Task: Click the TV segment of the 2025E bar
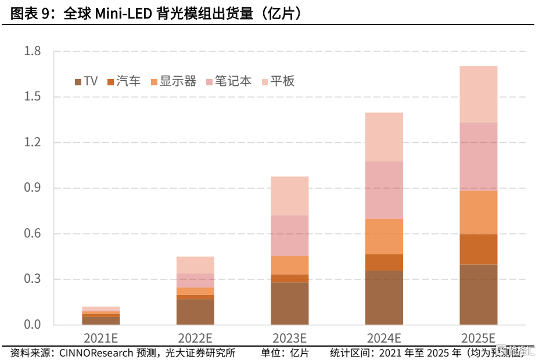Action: click(x=478, y=294)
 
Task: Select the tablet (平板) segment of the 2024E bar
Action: click(x=384, y=137)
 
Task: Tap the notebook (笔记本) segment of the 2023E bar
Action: click(x=289, y=236)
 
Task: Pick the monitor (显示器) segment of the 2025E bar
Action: click(x=478, y=213)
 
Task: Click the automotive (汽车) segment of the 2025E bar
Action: click(x=478, y=249)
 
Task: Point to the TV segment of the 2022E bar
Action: click(x=195, y=312)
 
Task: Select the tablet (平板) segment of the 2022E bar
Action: click(x=195, y=265)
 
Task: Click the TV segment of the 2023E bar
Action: click(x=289, y=303)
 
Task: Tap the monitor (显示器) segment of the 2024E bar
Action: click(x=384, y=236)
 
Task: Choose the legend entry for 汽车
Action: click(x=123, y=81)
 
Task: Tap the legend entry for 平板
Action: click(x=278, y=81)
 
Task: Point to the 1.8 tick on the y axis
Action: click(x=33, y=52)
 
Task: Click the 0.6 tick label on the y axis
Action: click(x=33, y=234)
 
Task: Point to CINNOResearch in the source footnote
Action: click(x=95, y=353)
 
